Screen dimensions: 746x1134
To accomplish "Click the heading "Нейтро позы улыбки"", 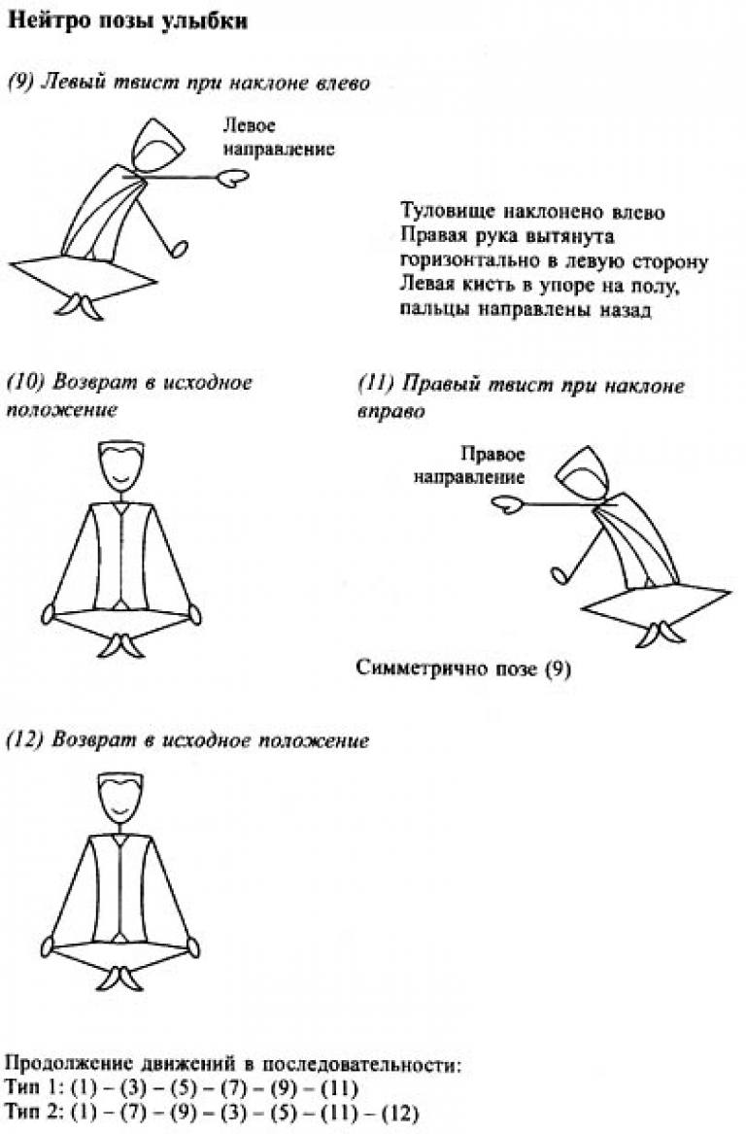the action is tap(127, 21).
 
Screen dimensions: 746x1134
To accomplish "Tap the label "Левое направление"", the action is tap(279, 137).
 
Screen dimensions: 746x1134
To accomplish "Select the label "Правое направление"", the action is tap(470, 465).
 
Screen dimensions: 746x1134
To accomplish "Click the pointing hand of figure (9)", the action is tap(233, 178).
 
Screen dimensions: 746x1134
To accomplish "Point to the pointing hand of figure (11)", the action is tap(507, 504).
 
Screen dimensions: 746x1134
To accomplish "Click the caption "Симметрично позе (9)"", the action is tap(463, 669).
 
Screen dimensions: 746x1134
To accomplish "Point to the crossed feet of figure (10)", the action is tap(120, 645).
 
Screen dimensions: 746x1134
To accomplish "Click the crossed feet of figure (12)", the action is tap(120, 978).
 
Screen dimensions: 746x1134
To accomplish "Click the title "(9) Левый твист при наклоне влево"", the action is tap(187, 84).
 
